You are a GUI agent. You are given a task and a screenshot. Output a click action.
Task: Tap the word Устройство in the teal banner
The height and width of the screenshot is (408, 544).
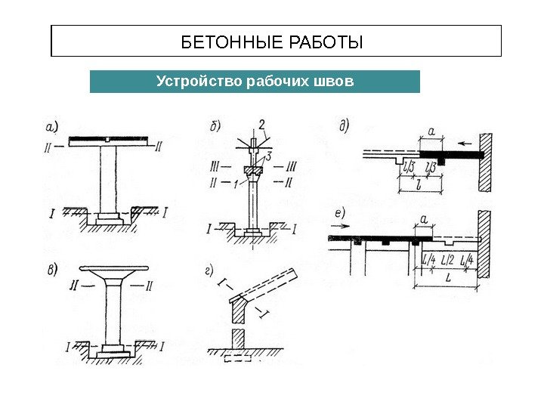point(199,80)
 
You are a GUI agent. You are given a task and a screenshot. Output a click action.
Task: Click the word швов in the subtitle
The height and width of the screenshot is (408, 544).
point(332,80)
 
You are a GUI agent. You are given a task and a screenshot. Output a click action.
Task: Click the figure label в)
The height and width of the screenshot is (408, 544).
point(52,269)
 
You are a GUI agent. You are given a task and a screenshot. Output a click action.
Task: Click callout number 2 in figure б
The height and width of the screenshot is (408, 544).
point(261,124)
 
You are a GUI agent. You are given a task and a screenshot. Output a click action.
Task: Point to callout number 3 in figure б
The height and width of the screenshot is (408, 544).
point(268,156)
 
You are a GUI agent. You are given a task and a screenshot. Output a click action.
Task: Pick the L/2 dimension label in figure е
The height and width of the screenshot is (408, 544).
point(447,259)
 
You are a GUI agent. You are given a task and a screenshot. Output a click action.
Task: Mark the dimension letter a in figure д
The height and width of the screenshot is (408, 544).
point(431,133)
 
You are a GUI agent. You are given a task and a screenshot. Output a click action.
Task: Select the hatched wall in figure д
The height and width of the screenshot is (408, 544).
point(486,162)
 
